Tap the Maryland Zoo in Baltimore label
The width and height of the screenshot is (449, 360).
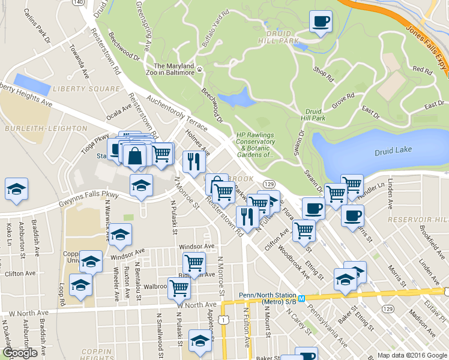pos(174,69)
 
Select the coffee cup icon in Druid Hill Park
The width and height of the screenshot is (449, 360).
pos(320,22)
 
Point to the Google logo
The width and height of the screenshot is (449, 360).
pos(20,353)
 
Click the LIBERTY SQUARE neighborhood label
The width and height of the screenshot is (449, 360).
pos(86,89)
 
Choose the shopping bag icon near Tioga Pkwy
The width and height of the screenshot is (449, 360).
pos(136,155)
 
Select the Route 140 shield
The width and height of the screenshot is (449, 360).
pos(77,2)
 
